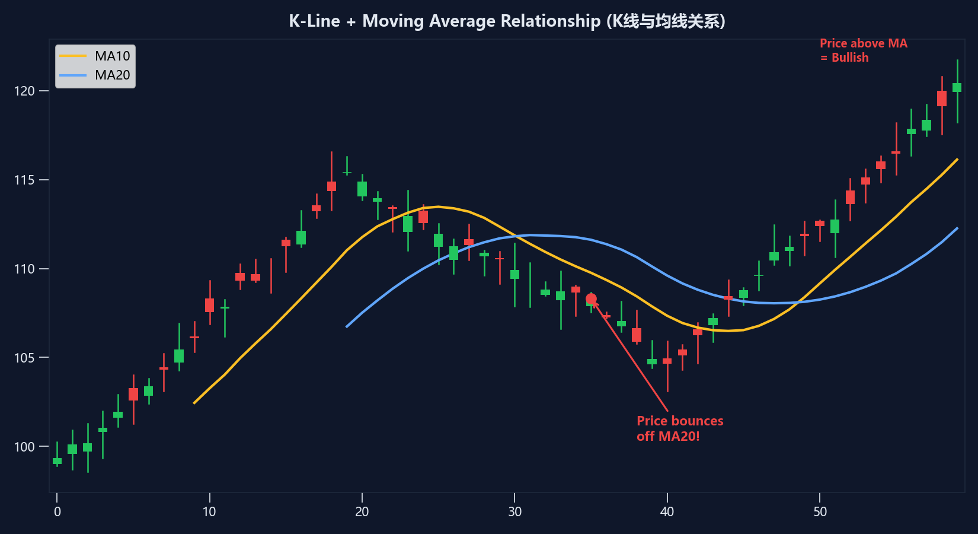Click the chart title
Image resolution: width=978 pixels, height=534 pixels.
click(x=507, y=21)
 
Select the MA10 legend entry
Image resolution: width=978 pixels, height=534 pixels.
click(x=112, y=56)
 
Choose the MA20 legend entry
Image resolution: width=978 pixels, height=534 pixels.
click(x=112, y=75)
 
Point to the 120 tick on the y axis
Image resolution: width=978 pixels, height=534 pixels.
click(x=24, y=91)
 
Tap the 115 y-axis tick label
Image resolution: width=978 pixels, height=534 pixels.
click(x=24, y=180)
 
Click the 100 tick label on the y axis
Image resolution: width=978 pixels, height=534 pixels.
click(x=24, y=447)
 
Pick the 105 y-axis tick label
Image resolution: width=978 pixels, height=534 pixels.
click(x=24, y=358)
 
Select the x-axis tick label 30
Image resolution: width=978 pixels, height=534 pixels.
click(x=514, y=511)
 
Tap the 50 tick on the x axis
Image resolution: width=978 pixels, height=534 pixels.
click(x=820, y=511)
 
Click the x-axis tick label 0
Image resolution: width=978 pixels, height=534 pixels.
click(x=57, y=511)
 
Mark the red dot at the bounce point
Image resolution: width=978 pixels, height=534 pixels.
click(x=591, y=299)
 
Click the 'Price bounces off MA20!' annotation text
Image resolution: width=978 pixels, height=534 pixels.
click(x=680, y=428)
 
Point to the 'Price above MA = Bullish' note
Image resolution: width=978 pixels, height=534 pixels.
click(x=863, y=50)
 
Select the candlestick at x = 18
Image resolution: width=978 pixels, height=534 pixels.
click(x=331, y=186)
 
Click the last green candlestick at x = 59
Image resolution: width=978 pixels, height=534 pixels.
click(x=957, y=88)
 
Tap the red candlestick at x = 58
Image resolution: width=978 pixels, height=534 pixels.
click(x=942, y=98)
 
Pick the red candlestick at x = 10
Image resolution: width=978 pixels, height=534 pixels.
click(x=210, y=305)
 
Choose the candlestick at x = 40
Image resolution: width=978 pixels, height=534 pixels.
click(x=667, y=361)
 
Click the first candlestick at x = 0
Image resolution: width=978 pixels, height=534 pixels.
click(x=57, y=460)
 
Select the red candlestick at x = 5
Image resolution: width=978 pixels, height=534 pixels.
click(x=133, y=394)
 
